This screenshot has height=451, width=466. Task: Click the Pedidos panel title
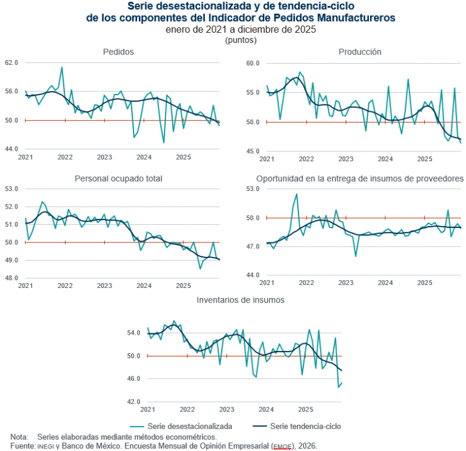(118, 52)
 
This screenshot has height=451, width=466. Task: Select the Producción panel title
(360, 52)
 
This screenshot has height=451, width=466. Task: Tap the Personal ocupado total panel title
(118, 178)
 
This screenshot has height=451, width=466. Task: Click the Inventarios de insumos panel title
(240, 299)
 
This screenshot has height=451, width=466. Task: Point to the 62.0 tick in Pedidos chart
(12, 62)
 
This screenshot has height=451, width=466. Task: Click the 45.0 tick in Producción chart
(252, 151)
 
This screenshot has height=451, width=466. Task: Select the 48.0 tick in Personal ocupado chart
(12, 278)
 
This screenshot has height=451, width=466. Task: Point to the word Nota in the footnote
(19, 436)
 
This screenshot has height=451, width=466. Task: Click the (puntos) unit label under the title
(240, 40)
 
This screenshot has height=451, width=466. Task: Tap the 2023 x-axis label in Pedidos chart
(104, 157)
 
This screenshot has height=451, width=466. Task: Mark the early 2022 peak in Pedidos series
(62, 67)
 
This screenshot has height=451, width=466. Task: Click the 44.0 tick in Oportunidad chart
(252, 275)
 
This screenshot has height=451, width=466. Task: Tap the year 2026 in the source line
(306, 446)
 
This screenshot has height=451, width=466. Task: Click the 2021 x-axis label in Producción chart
(266, 159)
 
